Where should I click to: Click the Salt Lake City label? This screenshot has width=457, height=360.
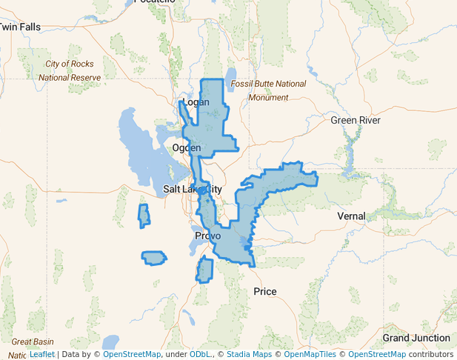(192, 189)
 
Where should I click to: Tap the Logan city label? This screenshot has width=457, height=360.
(196, 101)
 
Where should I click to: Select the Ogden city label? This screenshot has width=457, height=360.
(186, 148)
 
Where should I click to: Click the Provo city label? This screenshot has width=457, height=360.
(207, 236)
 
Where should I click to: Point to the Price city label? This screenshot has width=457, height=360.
(265, 291)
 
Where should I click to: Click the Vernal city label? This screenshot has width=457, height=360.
(351, 216)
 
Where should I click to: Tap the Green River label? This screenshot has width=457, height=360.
(355, 120)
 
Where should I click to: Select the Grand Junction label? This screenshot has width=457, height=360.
(416, 338)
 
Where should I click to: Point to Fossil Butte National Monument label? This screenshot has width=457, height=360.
(268, 90)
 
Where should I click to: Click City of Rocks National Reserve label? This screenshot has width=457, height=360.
(69, 70)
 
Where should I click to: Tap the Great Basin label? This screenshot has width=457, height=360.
(32, 341)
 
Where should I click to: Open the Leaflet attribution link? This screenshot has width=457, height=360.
(41, 355)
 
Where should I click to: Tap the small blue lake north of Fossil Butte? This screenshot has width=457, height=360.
(230, 74)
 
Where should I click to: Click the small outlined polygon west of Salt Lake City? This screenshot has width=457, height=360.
(144, 216)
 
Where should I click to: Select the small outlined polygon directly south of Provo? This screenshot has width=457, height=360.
(204, 270)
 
